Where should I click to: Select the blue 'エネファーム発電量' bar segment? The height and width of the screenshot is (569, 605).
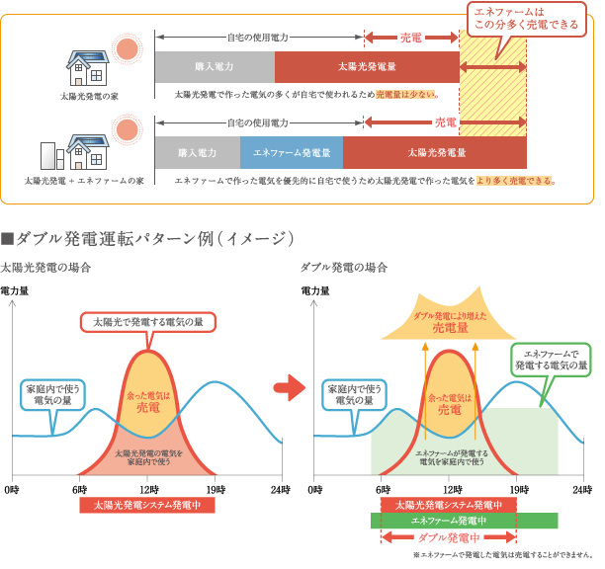[292, 153]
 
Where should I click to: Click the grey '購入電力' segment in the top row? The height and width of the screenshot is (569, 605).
[215, 67]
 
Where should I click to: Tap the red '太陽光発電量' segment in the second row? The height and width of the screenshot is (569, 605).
[435, 153]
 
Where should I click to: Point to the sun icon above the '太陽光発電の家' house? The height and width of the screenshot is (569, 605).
[126, 47]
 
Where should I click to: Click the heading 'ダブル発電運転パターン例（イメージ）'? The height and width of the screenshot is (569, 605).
[148, 238]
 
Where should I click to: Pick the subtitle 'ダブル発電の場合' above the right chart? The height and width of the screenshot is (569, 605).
[342, 269]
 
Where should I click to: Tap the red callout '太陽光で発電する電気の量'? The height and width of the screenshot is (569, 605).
[147, 322]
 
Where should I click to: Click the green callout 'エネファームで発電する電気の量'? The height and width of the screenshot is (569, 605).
[550, 359]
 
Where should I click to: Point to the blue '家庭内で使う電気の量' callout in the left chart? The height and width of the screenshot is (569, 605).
[53, 393]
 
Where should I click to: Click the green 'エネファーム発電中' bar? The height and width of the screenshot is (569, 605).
[464, 521]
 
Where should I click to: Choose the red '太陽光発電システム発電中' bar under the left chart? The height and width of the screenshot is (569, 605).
[147, 505]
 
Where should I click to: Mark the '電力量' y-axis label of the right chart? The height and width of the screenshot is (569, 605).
[314, 291]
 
